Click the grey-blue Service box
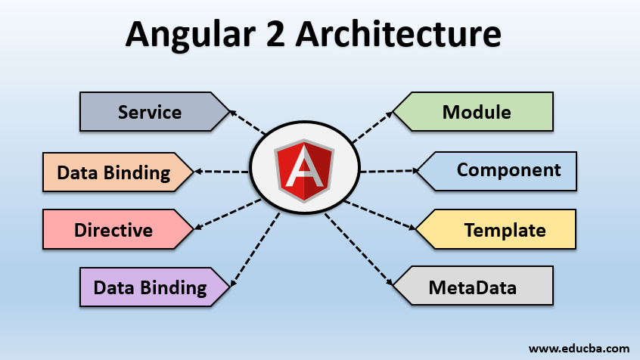[150, 113]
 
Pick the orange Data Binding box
[113, 172]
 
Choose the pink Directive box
[113, 230]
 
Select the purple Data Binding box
[150, 287]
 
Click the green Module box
[477, 113]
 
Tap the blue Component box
[508, 170]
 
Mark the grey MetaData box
[473, 287]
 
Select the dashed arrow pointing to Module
[371, 127]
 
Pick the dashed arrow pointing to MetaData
[359, 250]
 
